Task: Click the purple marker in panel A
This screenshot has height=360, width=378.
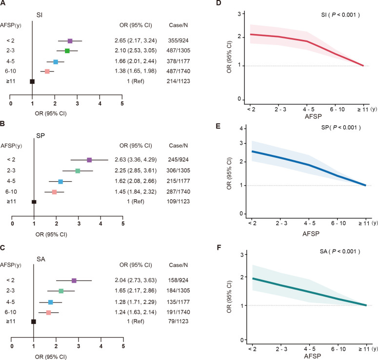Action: click(70, 41)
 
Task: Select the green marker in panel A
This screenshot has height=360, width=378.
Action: click(67, 51)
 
